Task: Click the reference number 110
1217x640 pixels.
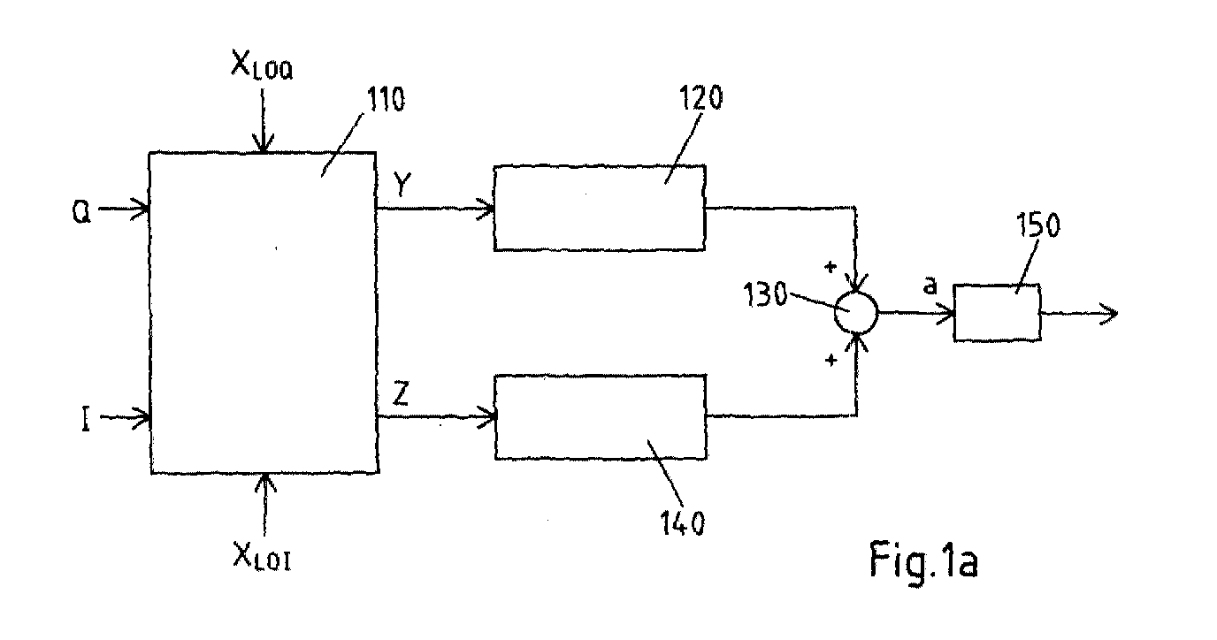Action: click(x=387, y=100)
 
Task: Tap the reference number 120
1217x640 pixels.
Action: click(x=700, y=98)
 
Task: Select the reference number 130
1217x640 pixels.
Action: click(x=765, y=295)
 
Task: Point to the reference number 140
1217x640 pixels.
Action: click(x=683, y=523)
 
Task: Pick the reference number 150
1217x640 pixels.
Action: click(x=1038, y=225)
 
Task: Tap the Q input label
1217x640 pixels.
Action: click(x=81, y=211)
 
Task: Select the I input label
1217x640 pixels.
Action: click(x=85, y=420)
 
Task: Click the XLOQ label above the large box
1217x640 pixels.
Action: click(x=262, y=65)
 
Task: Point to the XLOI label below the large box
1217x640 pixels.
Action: click(x=262, y=556)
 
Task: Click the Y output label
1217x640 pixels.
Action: click(x=402, y=185)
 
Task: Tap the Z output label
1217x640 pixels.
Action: click(x=401, y=394)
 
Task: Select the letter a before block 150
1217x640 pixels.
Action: click(x=930, y=286)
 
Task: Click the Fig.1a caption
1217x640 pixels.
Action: click(x=923, y=560)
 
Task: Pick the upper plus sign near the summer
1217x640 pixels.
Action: click(x=830, y=267)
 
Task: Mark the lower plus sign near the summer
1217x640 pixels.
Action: click(x=831, y=360)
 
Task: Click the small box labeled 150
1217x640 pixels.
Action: click(x=997, y=313)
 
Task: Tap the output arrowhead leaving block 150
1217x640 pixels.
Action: click(x=1109, y=314)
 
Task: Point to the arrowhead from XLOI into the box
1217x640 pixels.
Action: click(x=265, y=484)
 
